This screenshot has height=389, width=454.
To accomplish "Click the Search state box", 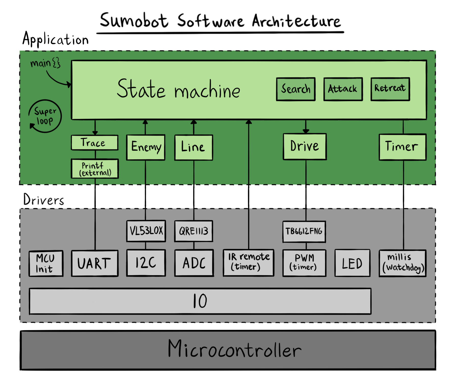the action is pyautogui.click(x=296, y=89).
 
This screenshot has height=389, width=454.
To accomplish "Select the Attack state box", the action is pyautogui.click(x=343, y=89).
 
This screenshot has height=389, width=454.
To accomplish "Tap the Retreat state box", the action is pyautogui.click(x=390, y=89).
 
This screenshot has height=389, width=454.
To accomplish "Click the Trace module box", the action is pyautogui.click(x=95, y=142).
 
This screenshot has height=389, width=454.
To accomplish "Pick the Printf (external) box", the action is pyautogui.click(x=95, y=169).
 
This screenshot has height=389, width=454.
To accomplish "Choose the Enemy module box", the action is pyautogui.click(x=146, y=147).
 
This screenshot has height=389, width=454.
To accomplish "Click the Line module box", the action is pyautogui.click(x=194, y=148).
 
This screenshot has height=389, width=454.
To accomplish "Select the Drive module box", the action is pyautogui.click(x=305, y=147).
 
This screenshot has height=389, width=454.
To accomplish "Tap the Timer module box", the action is pyautogui.click(x=403, y=147).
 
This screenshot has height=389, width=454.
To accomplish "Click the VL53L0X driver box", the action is pyautogui.click(x=146, y=231).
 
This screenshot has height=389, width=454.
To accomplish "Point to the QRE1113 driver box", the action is pyautogui.click(x=194, y=231).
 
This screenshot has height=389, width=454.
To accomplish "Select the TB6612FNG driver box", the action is pyautogui.click(x=304, y=232).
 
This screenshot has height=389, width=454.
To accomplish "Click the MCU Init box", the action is pyautogui.click(x=46, y=264).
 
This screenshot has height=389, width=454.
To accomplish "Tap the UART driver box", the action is pyautogui.click(x=95, y=263).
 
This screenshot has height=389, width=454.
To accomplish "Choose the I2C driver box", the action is pyautogui.click(x=146, y=263).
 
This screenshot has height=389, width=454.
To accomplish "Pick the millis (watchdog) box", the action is pyautogui.click(x=403, y=263).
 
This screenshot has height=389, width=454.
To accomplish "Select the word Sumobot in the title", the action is pyautogui.click(x=134, y=20).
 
